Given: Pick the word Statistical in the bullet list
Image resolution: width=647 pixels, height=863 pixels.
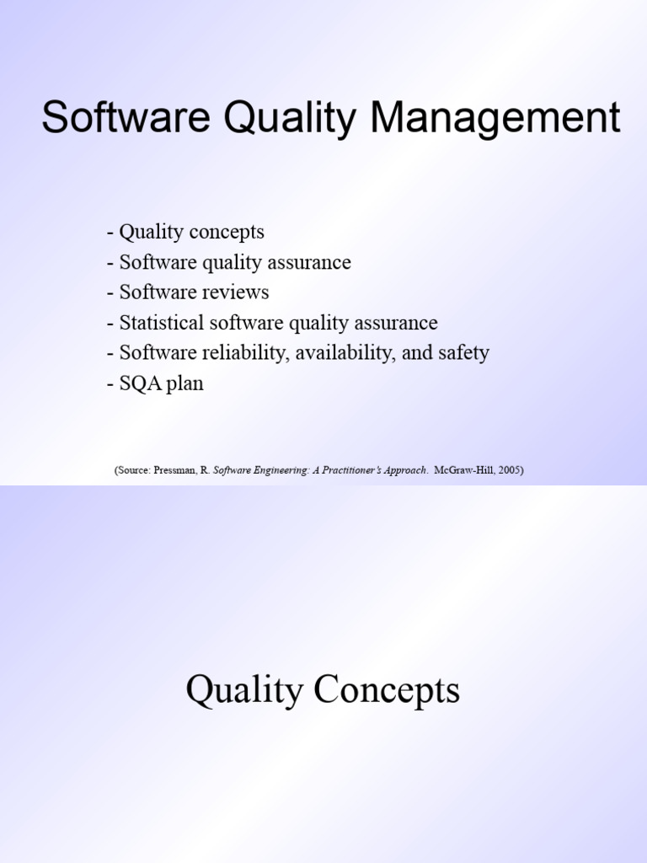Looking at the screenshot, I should click(x=159, y=323).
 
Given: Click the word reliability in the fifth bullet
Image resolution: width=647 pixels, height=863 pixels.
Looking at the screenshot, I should click(x=245, y=353).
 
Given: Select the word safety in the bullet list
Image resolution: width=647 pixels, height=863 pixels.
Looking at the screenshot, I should click(x=463, y=353).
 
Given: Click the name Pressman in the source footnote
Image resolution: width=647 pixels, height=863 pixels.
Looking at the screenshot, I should click(x=175, y=470).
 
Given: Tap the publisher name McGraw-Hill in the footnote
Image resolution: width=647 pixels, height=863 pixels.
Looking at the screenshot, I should click(x=465, y=470).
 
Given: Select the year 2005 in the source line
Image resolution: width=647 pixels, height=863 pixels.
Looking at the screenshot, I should click(x=508, y=470).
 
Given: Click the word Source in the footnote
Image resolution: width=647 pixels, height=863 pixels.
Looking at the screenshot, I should click(x=133, y=470).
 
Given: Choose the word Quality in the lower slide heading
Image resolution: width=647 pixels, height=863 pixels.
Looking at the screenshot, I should click(x=244, y=690).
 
